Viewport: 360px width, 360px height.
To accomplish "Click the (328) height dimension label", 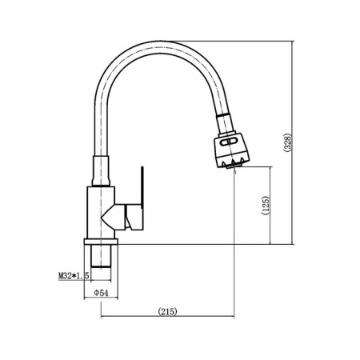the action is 287,142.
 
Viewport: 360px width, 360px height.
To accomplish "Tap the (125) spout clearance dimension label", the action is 266,206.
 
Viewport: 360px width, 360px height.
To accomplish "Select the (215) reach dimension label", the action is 167,311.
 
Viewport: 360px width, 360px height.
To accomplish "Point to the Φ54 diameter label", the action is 102,293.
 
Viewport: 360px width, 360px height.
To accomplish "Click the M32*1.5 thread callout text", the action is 74,276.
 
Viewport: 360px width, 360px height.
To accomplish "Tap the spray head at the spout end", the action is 231,150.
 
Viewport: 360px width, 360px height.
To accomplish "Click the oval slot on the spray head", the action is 229,142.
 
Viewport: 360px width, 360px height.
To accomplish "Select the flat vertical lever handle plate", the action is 142,186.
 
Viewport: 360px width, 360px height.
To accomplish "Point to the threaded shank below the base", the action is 101,256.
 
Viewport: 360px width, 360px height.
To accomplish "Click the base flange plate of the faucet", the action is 101,242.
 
